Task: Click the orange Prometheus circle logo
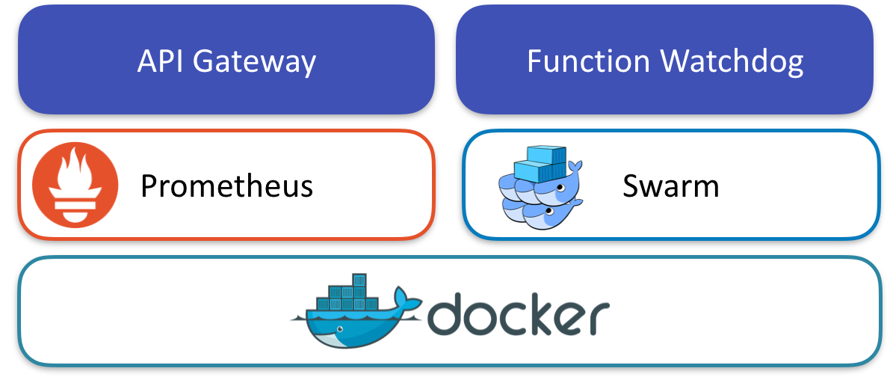[x=75, y=184]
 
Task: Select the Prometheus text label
[x=226, y=186]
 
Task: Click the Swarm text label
[x=670, y=186]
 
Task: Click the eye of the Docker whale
[x=341, y=328]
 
